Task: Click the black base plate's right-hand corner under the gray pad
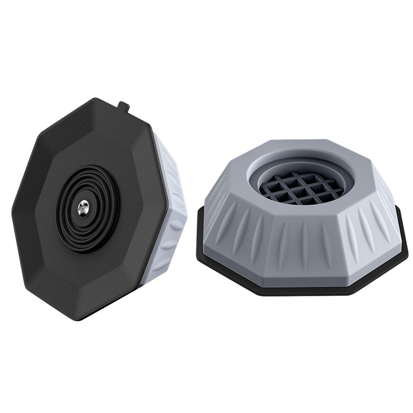pos(406,248)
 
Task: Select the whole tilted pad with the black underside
pos(99,208)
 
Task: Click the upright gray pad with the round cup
pos(303,217)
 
